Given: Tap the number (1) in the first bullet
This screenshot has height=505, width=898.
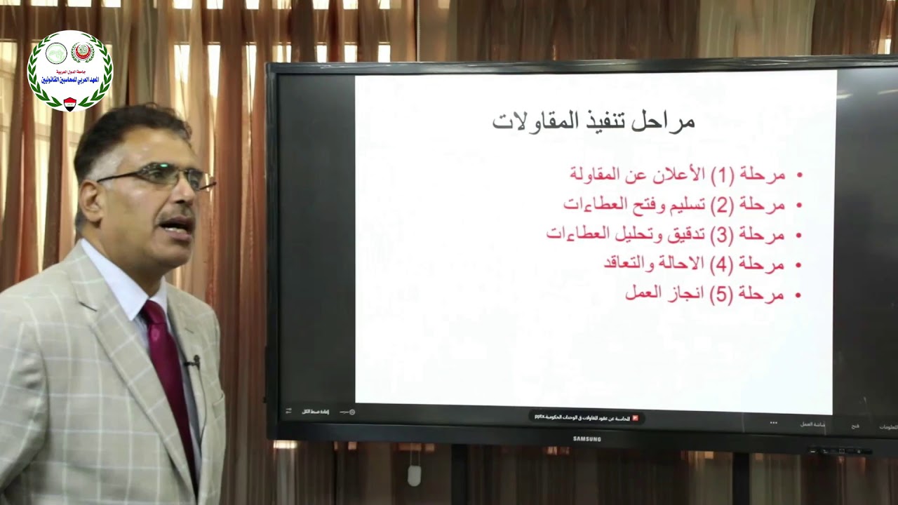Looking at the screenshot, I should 722,175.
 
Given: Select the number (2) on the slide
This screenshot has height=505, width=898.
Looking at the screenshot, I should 722,205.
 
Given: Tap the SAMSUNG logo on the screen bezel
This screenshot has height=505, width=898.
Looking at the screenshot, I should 587,439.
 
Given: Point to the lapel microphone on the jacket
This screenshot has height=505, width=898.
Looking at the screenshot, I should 194,363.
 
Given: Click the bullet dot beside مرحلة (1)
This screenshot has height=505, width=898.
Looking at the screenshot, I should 800,175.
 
